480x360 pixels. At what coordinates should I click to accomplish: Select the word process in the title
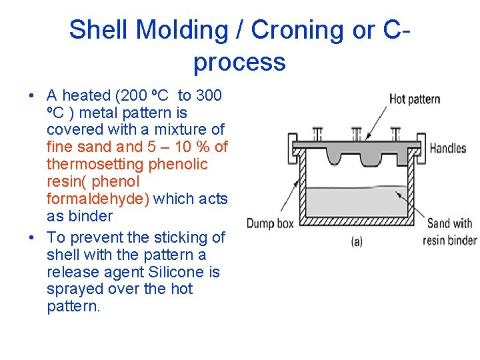(239, 62)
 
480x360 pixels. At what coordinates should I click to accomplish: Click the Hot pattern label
(415, 99)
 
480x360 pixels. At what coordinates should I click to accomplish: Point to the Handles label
(448, 148)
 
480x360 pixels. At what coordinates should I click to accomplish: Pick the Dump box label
(270, 223)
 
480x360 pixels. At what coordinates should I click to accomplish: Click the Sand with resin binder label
(449, 231)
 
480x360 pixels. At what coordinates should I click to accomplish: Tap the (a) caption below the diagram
(357, 242)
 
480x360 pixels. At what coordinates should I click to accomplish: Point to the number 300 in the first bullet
(209, 95)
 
